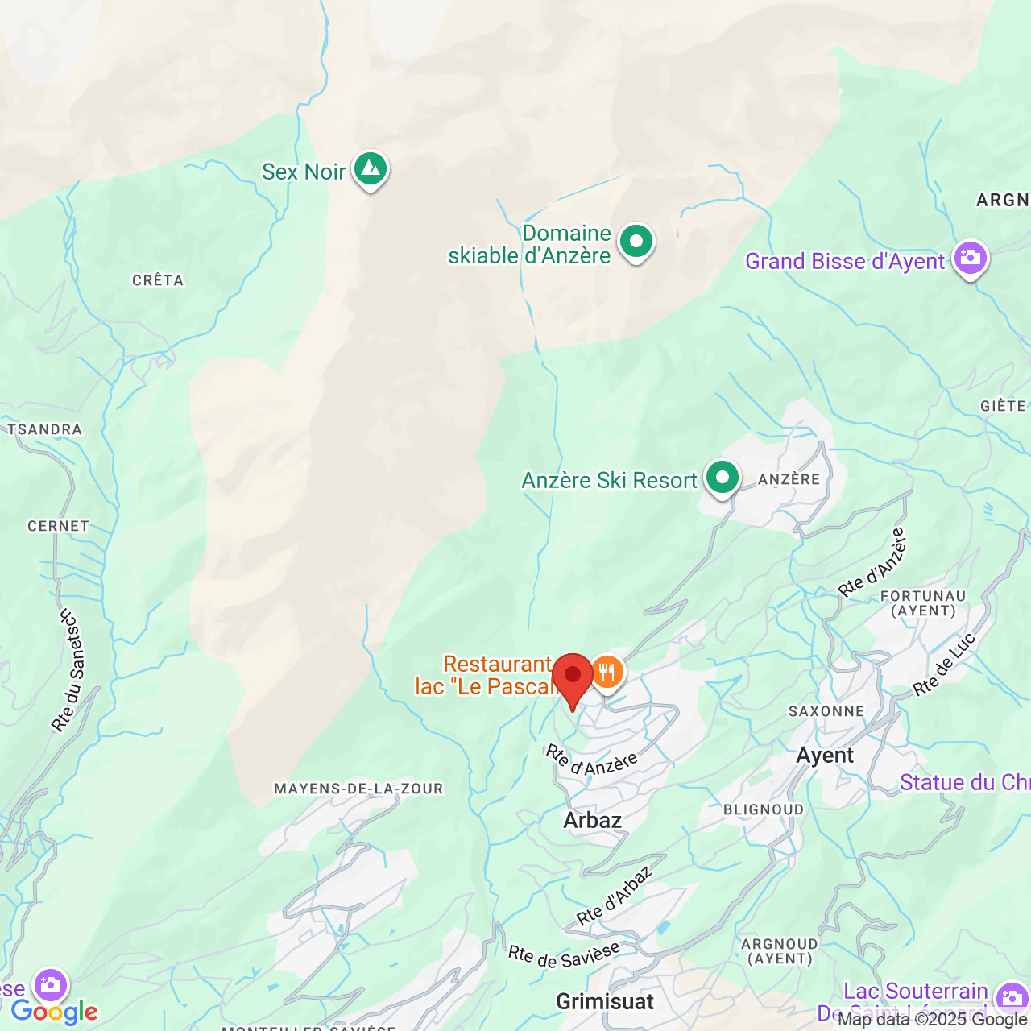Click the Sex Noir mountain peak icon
pyautogui.click(x=370, y=169)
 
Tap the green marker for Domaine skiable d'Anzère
pyautogui.click(x=636, y=241)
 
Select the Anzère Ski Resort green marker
pyautogui.click(x=722, y=478)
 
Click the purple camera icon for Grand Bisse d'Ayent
pyautogui.click(x=970, y=258)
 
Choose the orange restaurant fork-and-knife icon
pyautogui.click(x=607, y=672)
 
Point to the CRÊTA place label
pyautogui.click(x=158, y=280)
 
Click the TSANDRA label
pyautogui.click(x=45, y=429)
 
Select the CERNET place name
pyautogui.click(x=58, y=526)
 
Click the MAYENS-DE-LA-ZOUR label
pyautogui.click(x=358, y=789)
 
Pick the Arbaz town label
pyautogui.click(x=593, y=820)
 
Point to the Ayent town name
pyautogui.click(x=825, y=756)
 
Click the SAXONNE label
pyautogui.click(x=826, y=711)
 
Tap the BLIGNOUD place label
pyautogui.click(x=764, y=809)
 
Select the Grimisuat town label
pyautogui.click(x=605, y=1001)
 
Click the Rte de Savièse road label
pyautogui.click(x=564, y=954)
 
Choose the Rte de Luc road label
pyautogui.click(x=944, y=665)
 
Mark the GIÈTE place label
pyautogui.click(x=1003, y=406)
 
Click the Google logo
pyautogui.click(x=54, y=1012)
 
